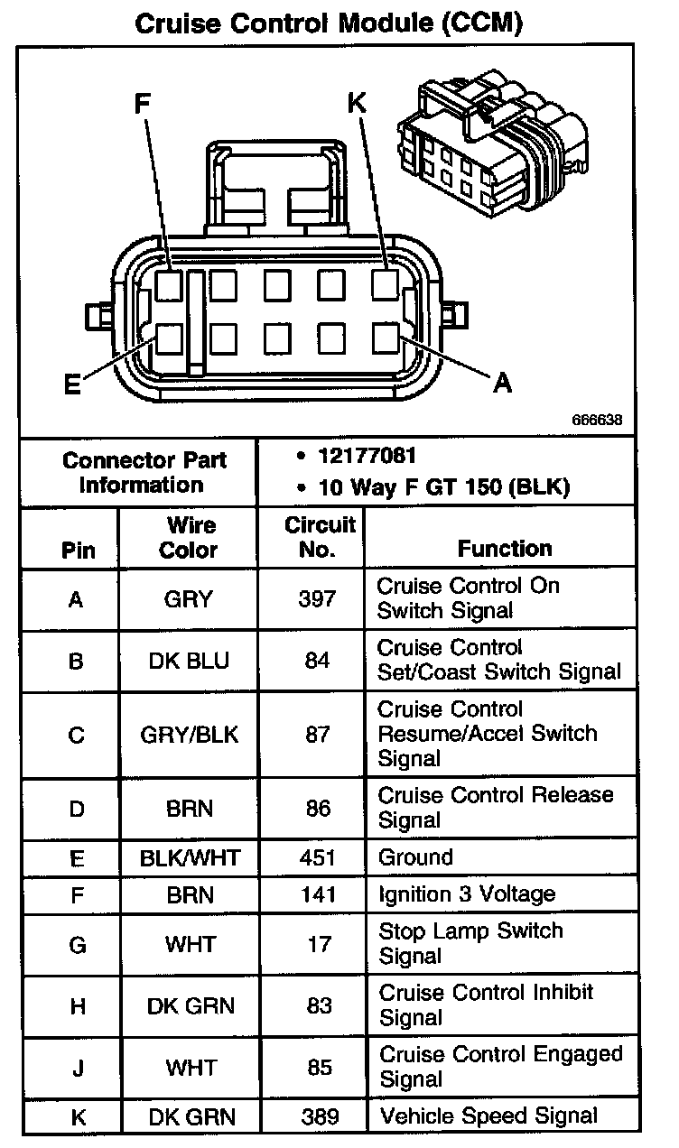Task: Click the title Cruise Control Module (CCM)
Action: coord(330,23)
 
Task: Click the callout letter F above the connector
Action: coord(142,106)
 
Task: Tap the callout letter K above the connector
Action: coord(358,104)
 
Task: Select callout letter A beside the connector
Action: coord(502,383)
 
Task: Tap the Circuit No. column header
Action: coord(320,536)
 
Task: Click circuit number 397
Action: coord(318,598)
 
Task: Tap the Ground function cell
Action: coord(415,856)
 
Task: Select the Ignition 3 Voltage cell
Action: coord(467,894)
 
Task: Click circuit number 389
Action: coord(318,1116)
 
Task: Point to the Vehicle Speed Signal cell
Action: coord(488,1116)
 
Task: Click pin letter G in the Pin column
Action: coord(77,944)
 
